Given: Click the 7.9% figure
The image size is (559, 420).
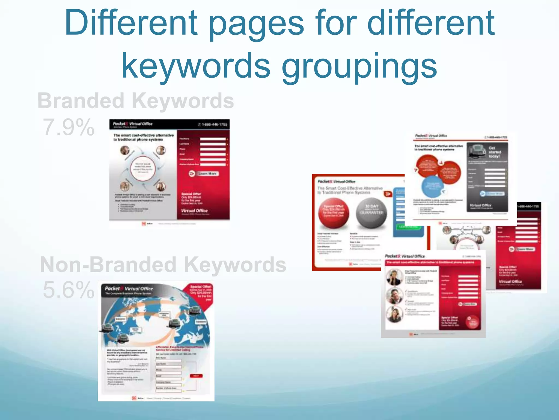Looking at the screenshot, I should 69,127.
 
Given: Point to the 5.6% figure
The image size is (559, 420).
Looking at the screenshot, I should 69,290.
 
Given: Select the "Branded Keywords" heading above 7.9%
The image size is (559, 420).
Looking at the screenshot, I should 136,101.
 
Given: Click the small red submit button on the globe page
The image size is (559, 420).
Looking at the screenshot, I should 196,376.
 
